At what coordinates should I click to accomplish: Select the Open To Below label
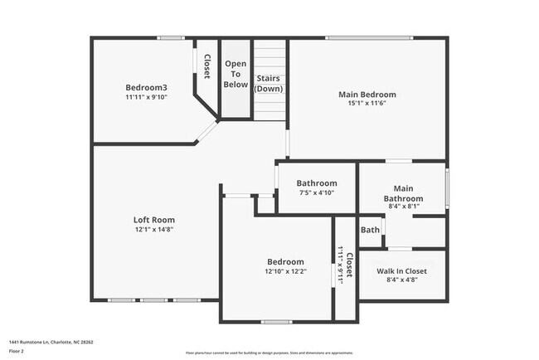click(236, 74)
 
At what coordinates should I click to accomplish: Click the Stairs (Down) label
click(269, 83)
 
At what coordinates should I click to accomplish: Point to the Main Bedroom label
click(367, 95)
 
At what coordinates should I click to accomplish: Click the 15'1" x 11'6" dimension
click(367, 104)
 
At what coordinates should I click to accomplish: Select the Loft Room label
click(154, 220)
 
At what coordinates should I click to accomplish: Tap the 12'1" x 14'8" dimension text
click(154, 230)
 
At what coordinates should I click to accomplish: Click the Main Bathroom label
click(403, 193)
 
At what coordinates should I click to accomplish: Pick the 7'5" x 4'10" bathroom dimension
click(317, 192)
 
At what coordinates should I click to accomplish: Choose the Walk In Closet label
click(402, 271)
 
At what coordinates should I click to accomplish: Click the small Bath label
click(370, 230)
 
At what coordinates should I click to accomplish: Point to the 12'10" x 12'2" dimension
click(284, 271)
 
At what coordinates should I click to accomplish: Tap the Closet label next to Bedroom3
click(206, 66)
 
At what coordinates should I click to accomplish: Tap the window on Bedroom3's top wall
click(172, 37)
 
